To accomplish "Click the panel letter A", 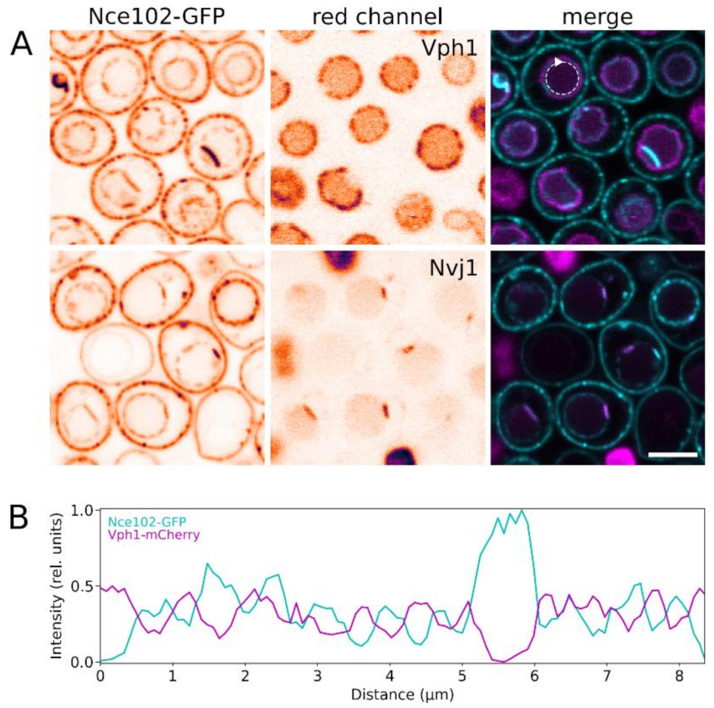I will pyautogui.click(x=21, y=44).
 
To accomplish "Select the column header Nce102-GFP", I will pyautogui.click(x=156, y=16).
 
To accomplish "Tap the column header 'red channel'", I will pyautogui.click(x=377, y=16).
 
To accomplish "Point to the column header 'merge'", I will pyautogui.click(x=597, y=16).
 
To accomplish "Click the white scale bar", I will pyautogui.click(x=673, y=454).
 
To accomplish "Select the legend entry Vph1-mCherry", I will pyautogui.click(x=154, y=535).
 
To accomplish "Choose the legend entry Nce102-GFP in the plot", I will pyautogui.click(x=147, y=522).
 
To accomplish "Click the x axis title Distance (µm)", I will pyautogui.click(x=402, y=695).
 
